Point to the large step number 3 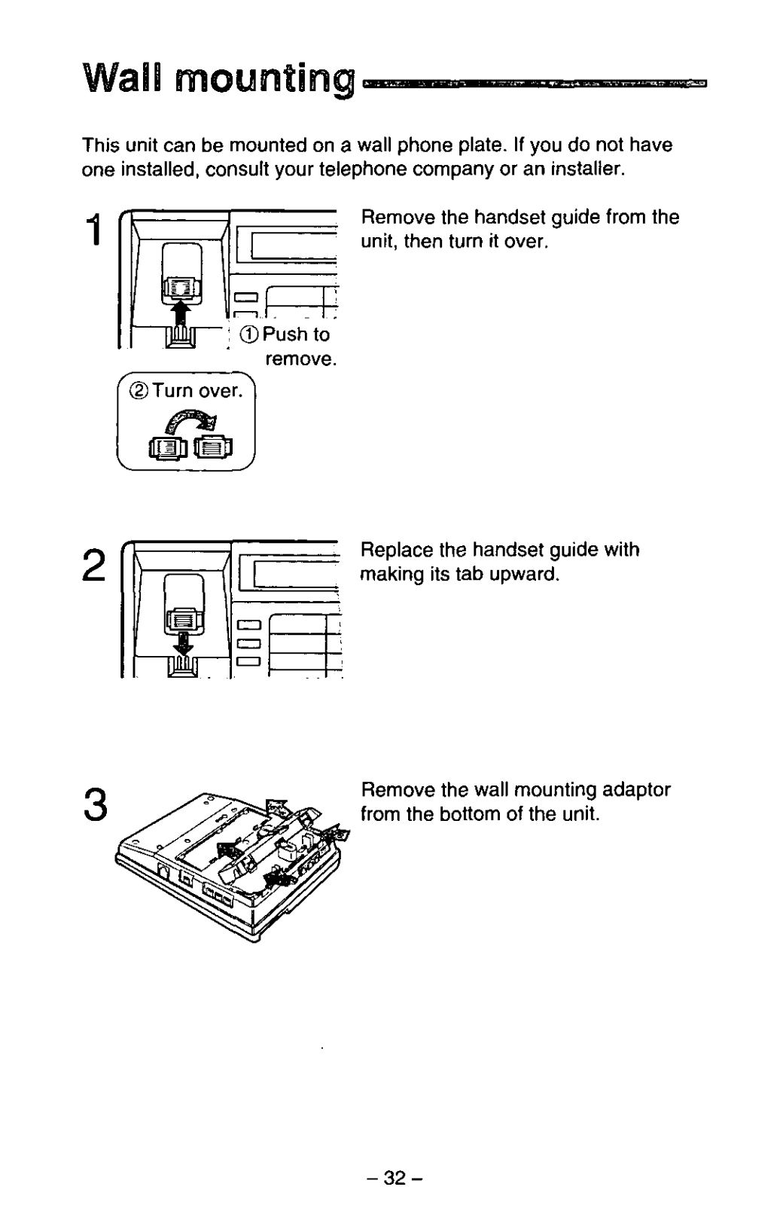tap(96, 805)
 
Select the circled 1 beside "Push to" tap(250, 335)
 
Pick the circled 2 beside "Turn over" tap(138, 391)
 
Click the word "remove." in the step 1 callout tap(300, 358)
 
